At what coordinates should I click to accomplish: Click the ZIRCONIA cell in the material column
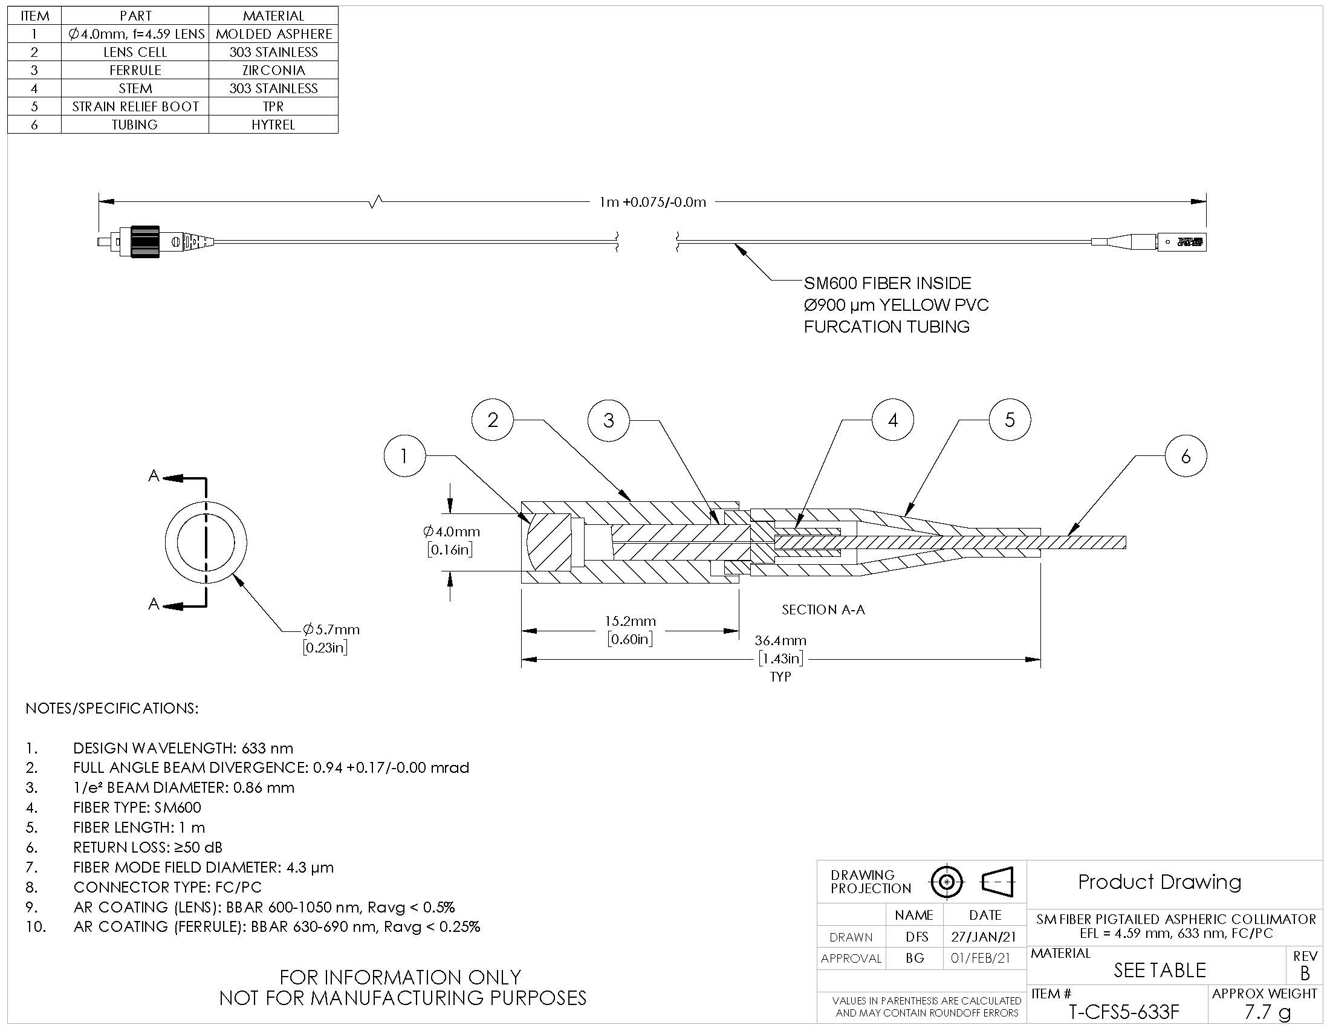coord(273,70)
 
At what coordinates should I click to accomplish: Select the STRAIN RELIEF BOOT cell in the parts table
coord(135,106)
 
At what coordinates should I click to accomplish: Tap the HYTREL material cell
coord(273,125)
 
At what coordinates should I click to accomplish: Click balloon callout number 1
coord(405,455)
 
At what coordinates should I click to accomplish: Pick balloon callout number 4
coord(893,420)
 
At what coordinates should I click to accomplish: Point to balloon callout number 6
coord(1186,456)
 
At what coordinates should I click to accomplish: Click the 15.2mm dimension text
coord(631,621)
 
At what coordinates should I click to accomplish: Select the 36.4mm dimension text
coord(780,640)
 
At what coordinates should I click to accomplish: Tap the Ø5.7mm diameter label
coord(331,629)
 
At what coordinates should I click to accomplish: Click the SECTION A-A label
coord(823,610)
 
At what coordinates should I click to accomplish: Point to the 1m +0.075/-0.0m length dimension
coord(653,202)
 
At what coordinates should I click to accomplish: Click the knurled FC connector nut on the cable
coord(144,242)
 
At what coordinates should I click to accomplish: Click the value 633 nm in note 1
coord(267,748)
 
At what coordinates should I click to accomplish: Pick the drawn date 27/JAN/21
coord(985,937)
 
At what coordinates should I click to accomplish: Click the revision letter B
coord(1304,973)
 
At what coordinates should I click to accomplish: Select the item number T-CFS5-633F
coord(1124,1012)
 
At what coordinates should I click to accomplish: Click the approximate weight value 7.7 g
coord(1267,1012)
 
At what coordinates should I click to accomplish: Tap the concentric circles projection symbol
coord(946,882)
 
